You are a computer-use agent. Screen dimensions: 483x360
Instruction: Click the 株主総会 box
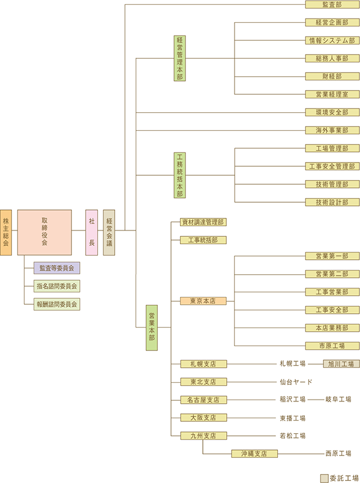point(6,232)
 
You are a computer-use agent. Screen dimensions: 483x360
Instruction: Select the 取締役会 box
point(44,232)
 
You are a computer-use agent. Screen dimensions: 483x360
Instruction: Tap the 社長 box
point(92,232)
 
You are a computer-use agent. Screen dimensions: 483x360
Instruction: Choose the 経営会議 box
point(109,232)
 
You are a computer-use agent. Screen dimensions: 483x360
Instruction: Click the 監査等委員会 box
point(57,268)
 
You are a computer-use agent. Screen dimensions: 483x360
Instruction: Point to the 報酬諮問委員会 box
point(57,304)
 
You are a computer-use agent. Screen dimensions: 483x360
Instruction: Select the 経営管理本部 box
point(179,58)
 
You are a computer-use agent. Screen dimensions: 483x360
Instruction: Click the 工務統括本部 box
point(179,175)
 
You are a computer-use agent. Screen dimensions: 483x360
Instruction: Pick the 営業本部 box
point(152,328)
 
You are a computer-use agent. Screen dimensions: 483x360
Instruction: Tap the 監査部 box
point(332,5)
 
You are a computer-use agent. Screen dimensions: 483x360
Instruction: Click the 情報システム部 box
point(332,41)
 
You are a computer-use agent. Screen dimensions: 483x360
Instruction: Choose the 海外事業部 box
point(332,130)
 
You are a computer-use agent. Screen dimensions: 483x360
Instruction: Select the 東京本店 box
point(203,301)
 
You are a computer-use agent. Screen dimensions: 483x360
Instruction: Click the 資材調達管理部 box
point(203,222)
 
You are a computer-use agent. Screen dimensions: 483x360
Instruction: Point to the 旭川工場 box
point(341,364)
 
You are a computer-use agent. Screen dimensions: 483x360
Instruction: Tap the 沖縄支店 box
point(255,454)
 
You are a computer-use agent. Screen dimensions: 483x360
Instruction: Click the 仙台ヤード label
point(296,382)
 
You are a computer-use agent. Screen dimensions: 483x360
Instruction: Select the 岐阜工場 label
point(338,400)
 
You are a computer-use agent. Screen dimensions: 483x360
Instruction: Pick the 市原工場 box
point(332,346)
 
